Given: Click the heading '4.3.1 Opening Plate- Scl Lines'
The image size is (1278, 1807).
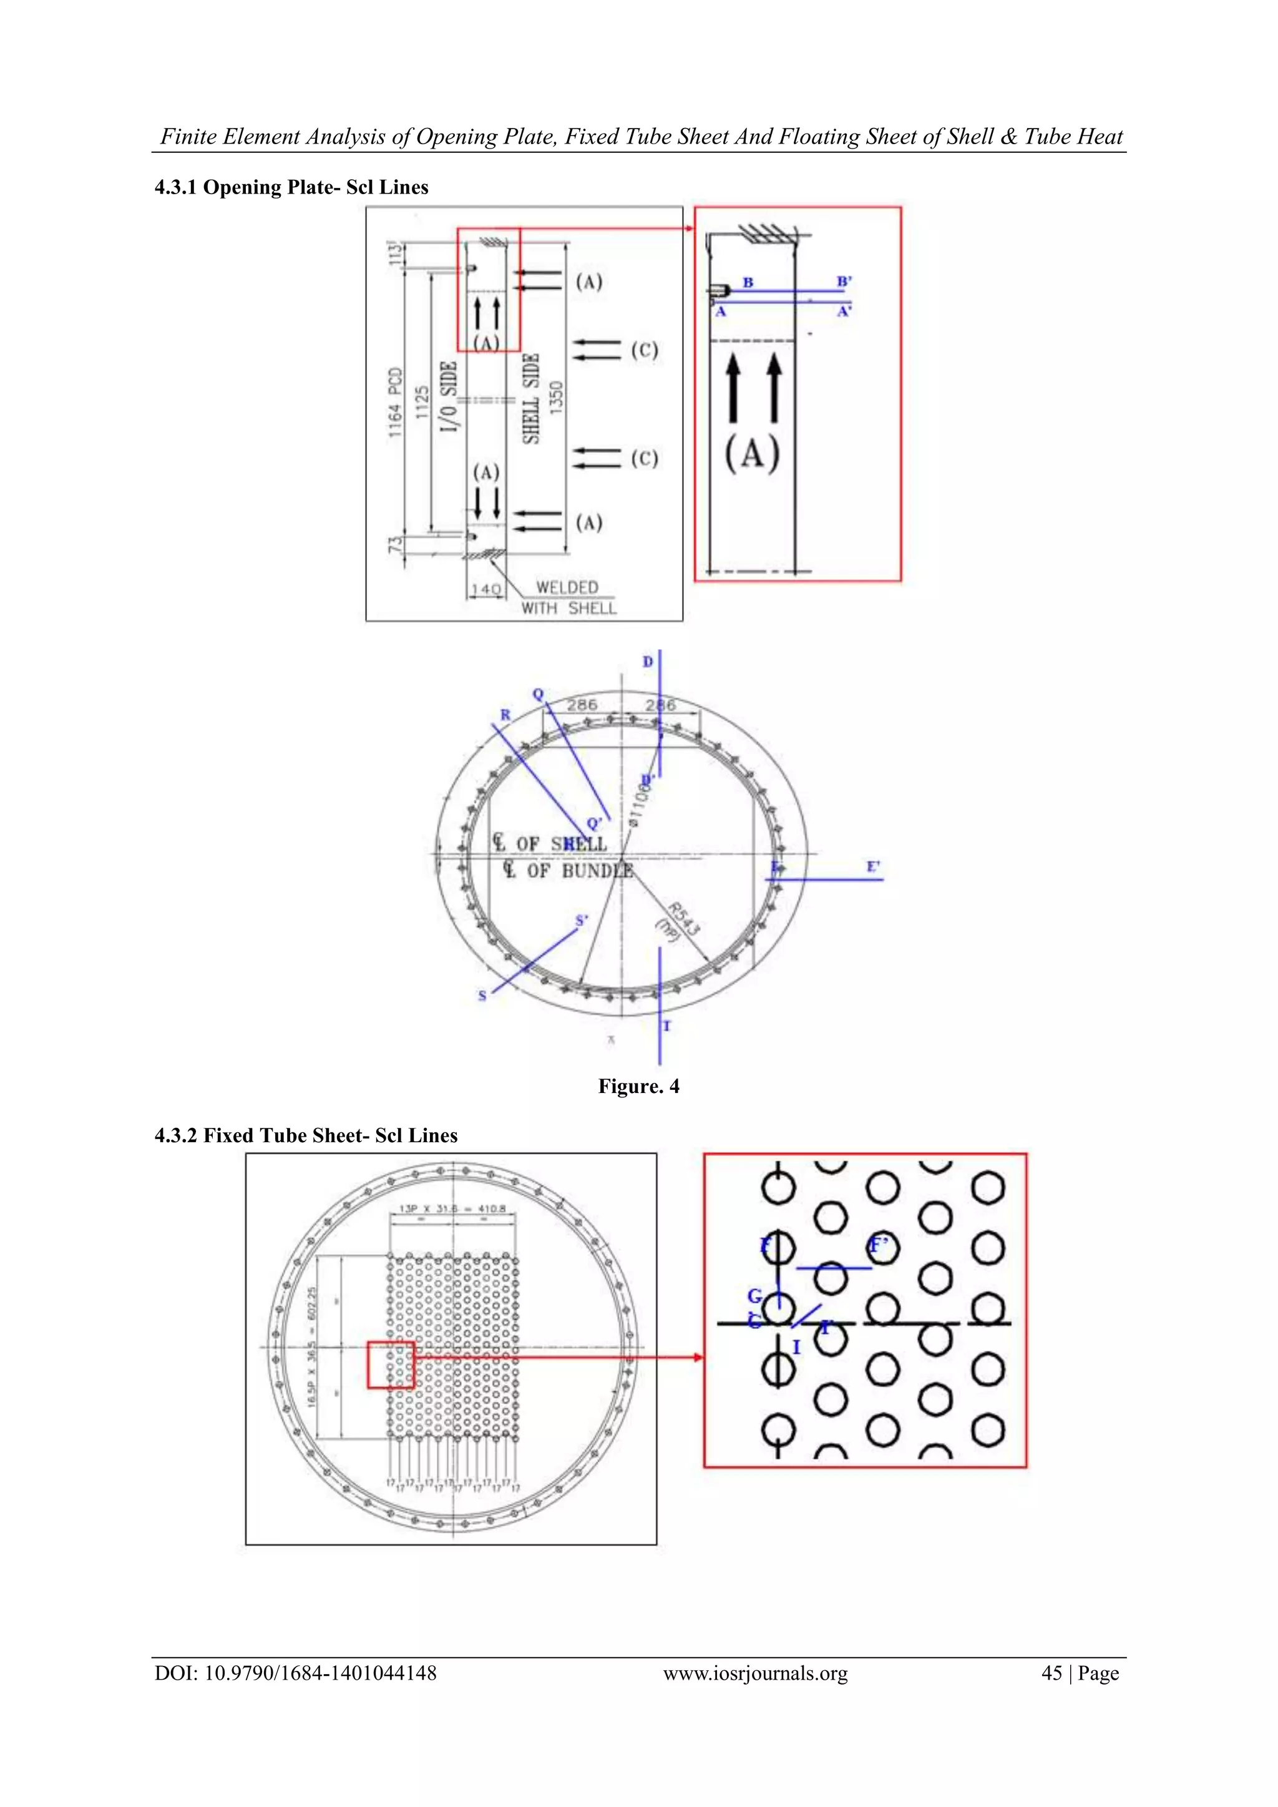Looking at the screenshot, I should pyautogui.click(x=291, y=187).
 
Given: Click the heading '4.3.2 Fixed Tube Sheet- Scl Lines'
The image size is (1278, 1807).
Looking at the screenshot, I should pyautogui.click(x=306, y=1135).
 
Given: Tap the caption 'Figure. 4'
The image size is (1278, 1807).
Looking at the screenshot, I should pyautogui.click(x=638, y=1086).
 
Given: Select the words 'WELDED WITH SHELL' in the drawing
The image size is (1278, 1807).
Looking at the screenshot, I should pyautogui.click(x=568, y=597).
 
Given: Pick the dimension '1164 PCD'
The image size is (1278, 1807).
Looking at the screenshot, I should pyautogui.click(x=396, y=401).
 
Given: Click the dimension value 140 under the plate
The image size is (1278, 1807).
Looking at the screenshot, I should pyautogui.click(x=485, y=589).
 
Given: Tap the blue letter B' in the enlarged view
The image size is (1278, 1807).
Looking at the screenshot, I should pyautogui.click(x=844, y=281).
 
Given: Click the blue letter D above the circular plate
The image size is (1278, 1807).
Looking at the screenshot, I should pyautogui.click(x=648, y=662).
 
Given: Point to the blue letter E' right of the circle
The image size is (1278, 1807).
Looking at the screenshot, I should pyautogui.click(x=873, y=866).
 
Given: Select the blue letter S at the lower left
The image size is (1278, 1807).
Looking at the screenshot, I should pyautogui.click(x=482, y=996).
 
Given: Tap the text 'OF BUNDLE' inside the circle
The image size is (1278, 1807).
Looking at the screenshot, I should pyautogui.click(x=579, y=871).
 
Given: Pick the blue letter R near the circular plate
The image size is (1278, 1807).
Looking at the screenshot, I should pyautogui.click(x=505, y=715).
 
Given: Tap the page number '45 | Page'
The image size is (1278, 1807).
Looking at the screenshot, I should pyautogui.click(x=1079, y=1673).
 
